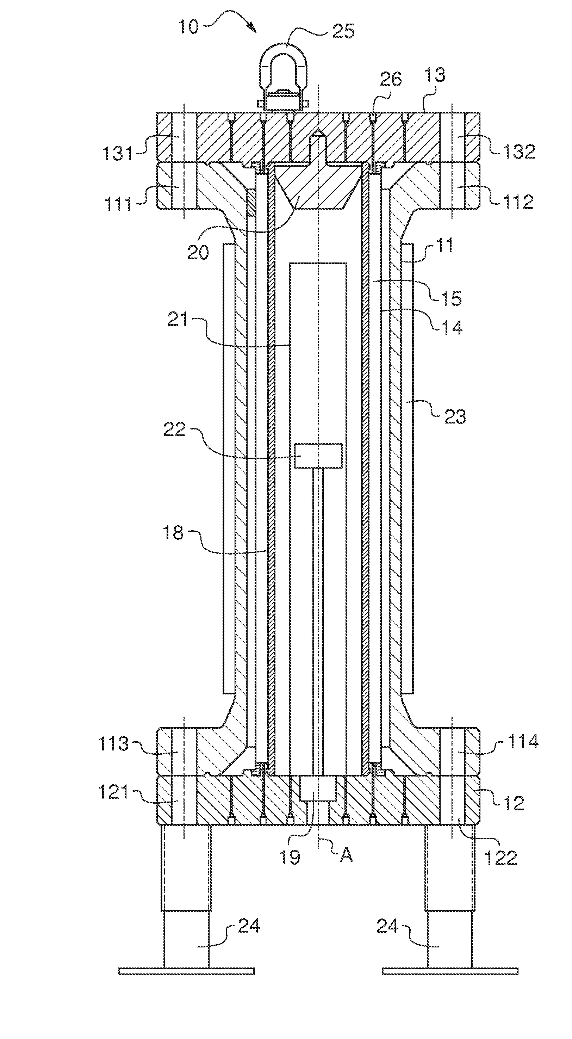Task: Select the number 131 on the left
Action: click(x=117, y=153)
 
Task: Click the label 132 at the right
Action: click(x=520, y=151)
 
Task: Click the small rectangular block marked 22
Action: click(x=318, y=455)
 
